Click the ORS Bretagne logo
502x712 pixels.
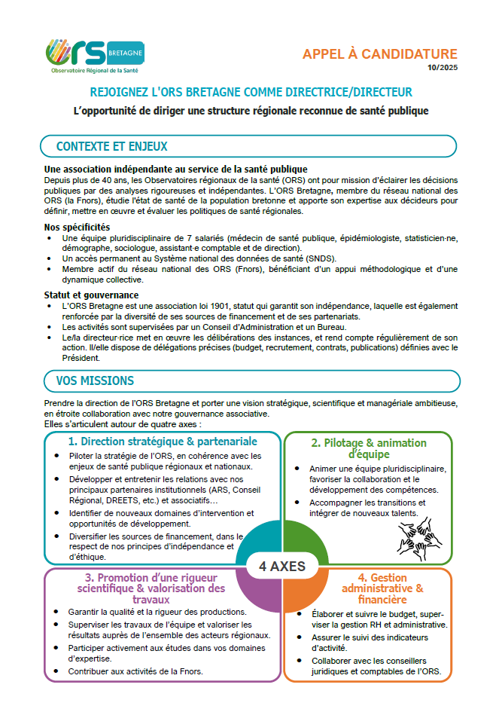94,57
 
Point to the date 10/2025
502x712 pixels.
442,68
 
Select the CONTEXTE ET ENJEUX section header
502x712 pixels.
112,146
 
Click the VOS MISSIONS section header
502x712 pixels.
95,380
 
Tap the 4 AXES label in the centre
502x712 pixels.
283,567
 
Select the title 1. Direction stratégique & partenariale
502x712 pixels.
163,441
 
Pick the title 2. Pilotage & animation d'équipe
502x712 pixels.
369,448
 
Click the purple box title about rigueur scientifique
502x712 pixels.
162,588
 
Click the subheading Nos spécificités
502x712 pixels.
78,227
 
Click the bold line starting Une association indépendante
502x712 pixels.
175,170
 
